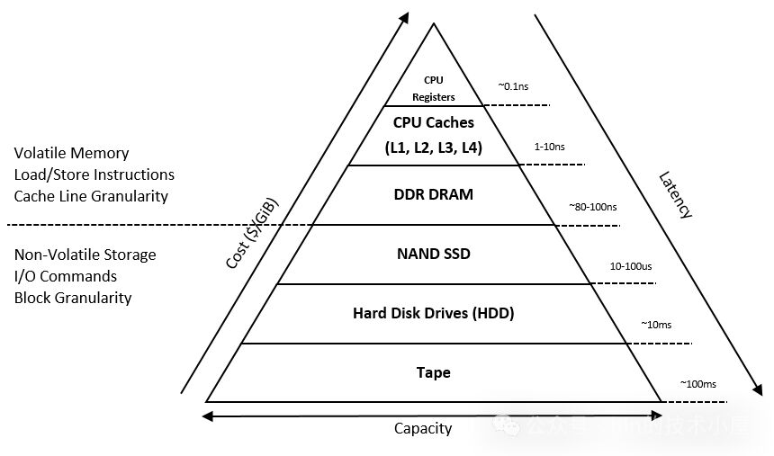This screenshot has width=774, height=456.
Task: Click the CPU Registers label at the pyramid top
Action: [x=434, y=88]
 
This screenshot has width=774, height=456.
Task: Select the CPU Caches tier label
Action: [x=434, y=121]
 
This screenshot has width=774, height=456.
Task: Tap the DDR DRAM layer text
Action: [x=434, y=195]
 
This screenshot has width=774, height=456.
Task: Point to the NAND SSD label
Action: [x=434, y=254]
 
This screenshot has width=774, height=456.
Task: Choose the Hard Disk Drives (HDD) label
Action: [x=434, y=313]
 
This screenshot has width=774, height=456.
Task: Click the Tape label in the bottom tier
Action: [x=434, y=372]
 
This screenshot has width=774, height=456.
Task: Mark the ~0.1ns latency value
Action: [x=514, y=86]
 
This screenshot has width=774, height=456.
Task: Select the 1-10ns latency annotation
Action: [x=550, y=145]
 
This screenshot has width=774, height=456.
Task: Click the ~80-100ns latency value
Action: [x=592, y=207]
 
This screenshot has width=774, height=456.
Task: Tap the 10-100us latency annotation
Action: [x=630, y=266]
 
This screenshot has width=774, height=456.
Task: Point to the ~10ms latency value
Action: [x=655, y=324]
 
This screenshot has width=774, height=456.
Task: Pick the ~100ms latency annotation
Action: [x=697, y=384]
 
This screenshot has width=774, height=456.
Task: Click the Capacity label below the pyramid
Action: [x=423, y=428]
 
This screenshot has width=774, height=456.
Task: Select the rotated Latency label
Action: [x=674, y=195]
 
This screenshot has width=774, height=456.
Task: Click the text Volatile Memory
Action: [x=71, y=153]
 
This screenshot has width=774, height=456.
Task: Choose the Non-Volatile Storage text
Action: [x=85, y=255]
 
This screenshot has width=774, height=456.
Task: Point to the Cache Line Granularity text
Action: [x=91, y=195]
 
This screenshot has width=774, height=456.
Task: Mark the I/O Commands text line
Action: [x=66, y=276]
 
